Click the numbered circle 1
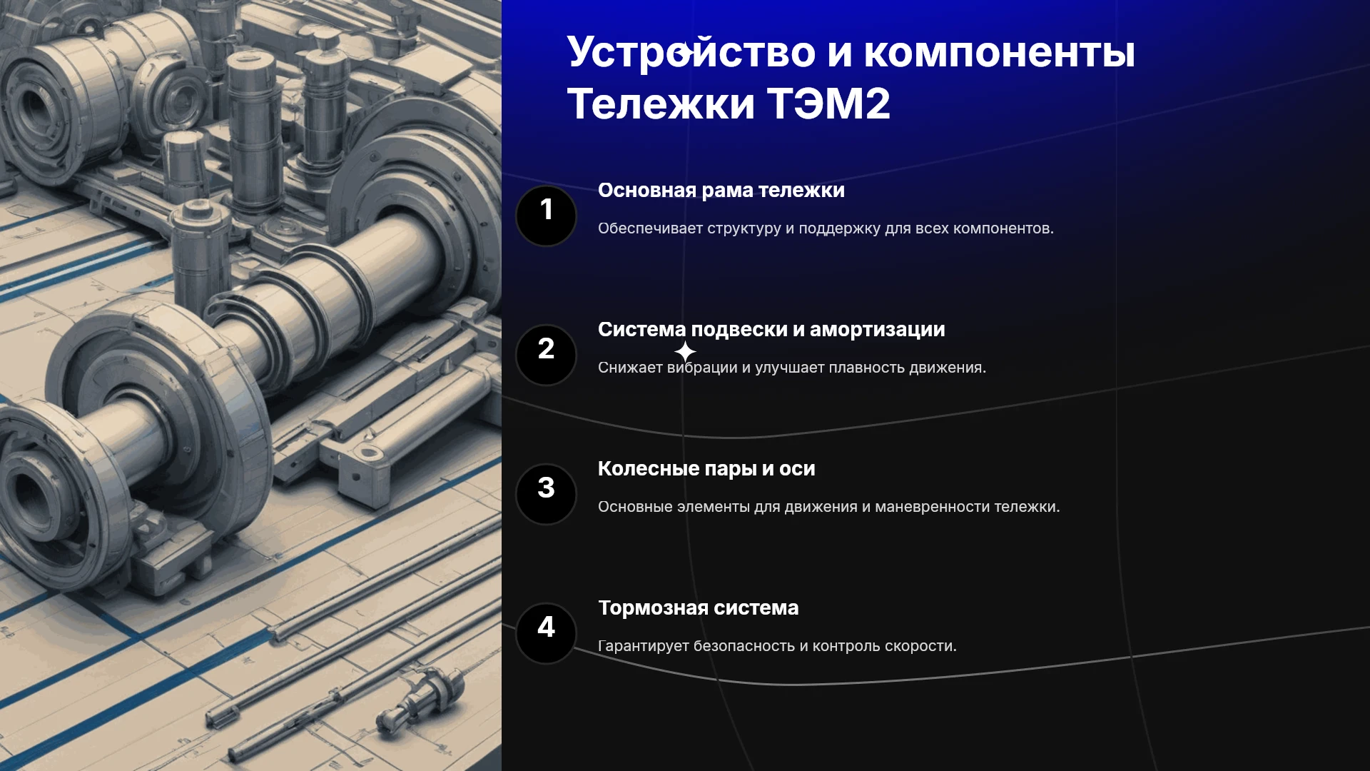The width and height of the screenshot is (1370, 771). [x=546, y=216]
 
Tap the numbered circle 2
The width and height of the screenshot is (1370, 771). [x=546, y=355]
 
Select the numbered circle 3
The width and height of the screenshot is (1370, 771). [x=546, y=494]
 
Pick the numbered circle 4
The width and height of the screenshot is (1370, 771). [x=546, y=633]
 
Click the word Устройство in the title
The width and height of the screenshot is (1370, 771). [x=691, y=53]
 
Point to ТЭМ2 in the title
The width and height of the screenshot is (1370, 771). [x=828, y=104]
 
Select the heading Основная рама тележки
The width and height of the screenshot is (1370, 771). [x=721, y=191]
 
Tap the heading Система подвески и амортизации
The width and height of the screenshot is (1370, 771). [x=771, y=330]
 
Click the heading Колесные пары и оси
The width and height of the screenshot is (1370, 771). [x=706, y=469]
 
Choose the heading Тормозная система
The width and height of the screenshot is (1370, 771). [x=699, y=608]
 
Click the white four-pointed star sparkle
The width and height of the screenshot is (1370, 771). [x=685, y=352]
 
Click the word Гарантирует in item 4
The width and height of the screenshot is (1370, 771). [x=643, y=646]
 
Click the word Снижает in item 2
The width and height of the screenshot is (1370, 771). [x=630, y=368]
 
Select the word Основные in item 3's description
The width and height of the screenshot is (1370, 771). [x=635, y=507]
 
